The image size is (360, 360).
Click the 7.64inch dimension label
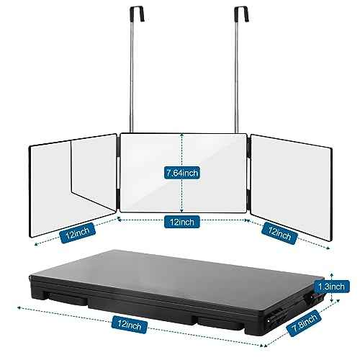coord(182,173)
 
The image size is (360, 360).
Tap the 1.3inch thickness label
coord(331,287)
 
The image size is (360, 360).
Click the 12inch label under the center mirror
coord(182,222)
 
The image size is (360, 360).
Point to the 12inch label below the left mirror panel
coord(77,233)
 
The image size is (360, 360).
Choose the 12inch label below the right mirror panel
coord(279,233)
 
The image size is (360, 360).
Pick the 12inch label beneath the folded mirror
coord(130,325)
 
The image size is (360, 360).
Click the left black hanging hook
coord(137,14)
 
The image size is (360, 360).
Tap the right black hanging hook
coord(241,14)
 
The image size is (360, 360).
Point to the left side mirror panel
coord(73,185)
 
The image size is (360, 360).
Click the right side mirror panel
coord(292,187)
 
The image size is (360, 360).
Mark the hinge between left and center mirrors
coord(118,173)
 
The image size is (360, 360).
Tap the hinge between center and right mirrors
coord(248,173)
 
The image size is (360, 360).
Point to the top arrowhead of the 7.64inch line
coord(182,135)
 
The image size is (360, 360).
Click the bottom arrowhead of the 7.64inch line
coord(182,210)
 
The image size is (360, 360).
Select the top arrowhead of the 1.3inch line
coord(332,274)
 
